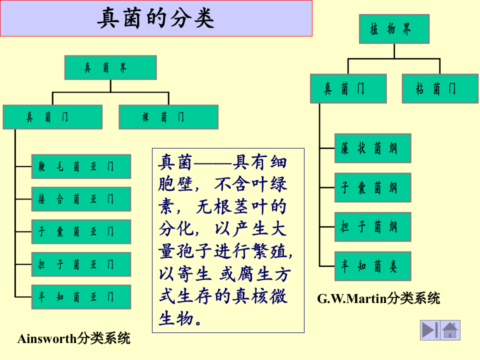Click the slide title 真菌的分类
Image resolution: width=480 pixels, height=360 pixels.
coord(156,18)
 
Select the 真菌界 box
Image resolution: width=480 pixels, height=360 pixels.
coord(110,67)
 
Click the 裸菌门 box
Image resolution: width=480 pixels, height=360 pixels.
coord(168,117)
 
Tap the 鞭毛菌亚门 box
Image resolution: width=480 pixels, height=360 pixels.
coord(81,166)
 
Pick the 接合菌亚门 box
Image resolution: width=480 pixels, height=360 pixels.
coord(81,199)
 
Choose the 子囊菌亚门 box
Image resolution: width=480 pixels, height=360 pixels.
coord(81,231)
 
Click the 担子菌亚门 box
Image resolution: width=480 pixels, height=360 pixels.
coord(81,264)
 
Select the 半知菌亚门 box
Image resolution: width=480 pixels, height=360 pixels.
coord(81,297)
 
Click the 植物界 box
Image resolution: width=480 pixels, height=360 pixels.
coord(394,29)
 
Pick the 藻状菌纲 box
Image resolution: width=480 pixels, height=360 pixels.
coord(372,148)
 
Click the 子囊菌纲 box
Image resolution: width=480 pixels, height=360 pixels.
coord(372,187)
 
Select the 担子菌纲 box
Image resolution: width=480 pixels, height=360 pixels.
coord(372,227)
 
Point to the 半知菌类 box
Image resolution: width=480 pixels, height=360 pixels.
coord(372,266)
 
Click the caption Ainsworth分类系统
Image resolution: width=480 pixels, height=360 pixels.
coord(74,338)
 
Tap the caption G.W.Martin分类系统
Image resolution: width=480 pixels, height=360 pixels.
coord(378,299)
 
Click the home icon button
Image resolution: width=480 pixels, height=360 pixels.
coord(450,330)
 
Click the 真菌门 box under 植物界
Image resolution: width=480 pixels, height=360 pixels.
coord(348,89)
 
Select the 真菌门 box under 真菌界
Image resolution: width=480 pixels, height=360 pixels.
coord(52,117)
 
